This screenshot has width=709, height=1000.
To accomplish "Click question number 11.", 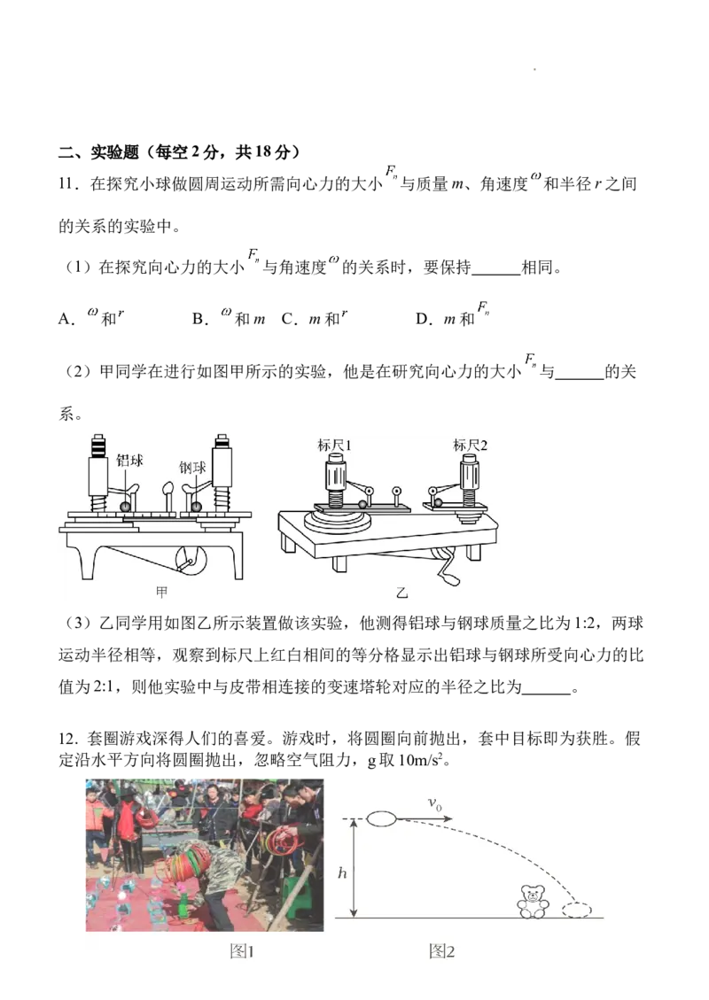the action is (x=67, y=184).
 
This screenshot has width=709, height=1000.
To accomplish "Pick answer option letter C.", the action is (x=288, y=319).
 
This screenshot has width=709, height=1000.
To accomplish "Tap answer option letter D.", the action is (x=423, y=319).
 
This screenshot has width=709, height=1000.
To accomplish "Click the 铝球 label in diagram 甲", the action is (x=129, y=461).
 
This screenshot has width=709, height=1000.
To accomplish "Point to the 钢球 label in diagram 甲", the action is (x=192, y=468).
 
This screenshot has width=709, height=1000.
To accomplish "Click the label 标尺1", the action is (x=334, y=446).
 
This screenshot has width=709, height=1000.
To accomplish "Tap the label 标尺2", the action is (x=471, y=446).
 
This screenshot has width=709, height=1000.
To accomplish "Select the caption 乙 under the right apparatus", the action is (x=401, y=593).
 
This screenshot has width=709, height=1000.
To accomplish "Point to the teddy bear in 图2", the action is (x=532, y=901).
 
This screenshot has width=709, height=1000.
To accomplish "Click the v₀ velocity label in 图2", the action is (x=434, y=804).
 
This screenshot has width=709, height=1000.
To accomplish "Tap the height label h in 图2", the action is (x=342, y=873).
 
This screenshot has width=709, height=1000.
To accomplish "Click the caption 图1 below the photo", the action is (x=243, y=951).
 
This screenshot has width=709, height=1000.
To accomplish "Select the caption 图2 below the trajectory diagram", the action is (x=442, y=951).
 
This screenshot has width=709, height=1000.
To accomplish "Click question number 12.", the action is (x=67, y=740).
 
